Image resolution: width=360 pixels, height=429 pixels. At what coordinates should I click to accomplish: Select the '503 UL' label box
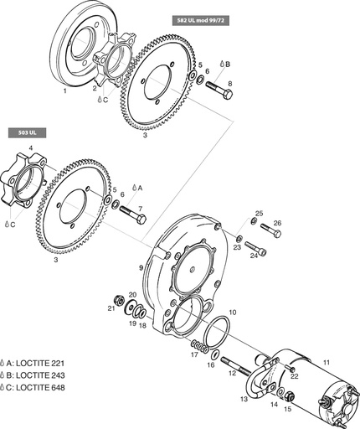pyautogui.click(x=27, y=132)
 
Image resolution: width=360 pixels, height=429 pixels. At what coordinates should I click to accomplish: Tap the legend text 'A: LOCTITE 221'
pyautogui.click(x=40, y=359)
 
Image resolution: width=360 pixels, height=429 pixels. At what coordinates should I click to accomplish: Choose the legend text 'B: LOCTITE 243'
pyautogui.click(x=40, y=373)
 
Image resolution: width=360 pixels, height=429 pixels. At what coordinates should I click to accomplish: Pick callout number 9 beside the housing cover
pyautogui.click(x=141, y=267)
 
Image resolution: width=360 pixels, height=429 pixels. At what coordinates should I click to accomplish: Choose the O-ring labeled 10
pyautogui.click(x=215, y=330)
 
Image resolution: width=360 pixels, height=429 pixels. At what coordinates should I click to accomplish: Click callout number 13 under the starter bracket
pyautogui.click(x=244, y=399)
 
